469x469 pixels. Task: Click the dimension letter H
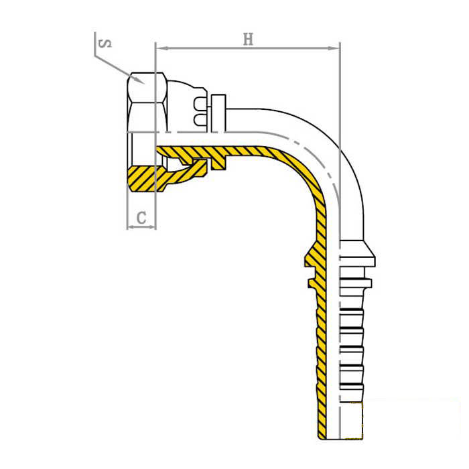(x=248, y=40)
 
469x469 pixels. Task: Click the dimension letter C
(x=141, y=218)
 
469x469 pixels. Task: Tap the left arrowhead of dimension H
(x=162, y=48)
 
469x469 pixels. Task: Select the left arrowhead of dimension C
(x=131, y=228)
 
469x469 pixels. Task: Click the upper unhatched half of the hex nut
(x=147, y=103)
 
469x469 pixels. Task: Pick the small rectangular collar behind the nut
(x=218, y=113)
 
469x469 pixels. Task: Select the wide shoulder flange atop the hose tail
(x=358, y=253)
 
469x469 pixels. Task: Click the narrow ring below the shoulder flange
(x=356, y=283)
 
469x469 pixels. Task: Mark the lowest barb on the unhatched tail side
(x=352, y=392)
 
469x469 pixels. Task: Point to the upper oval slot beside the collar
(x=200, y=103)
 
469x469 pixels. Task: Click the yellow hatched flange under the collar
(x=218, y=162)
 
